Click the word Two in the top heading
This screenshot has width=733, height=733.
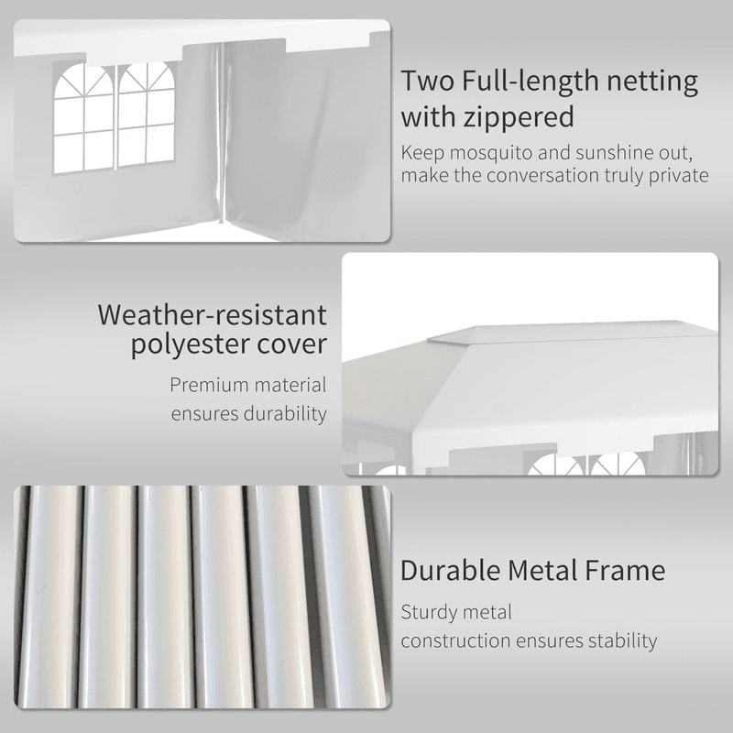(431, 81)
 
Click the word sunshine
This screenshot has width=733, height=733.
(624, 149)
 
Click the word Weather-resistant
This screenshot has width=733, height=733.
(213, 316)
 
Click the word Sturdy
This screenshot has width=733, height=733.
(430, 612)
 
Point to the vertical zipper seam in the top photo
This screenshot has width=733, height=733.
(220, 137)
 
